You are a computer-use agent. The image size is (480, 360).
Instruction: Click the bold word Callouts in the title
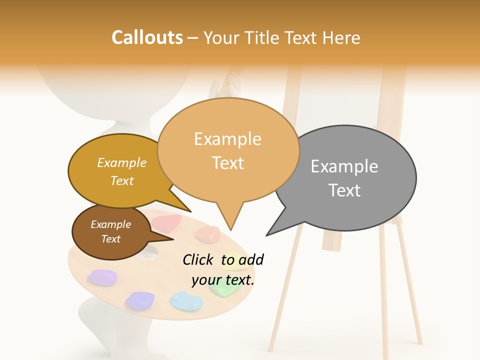(x=147, y=37)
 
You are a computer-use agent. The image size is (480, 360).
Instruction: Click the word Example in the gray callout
(x=344, y=166)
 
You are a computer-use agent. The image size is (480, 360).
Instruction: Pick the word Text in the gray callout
(x=344, y=190)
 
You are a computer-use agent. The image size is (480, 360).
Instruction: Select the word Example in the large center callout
(x=227, y=139)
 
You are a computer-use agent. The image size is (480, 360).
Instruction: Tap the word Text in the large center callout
(x=227, y=163)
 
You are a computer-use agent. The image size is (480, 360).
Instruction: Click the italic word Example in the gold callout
(x=122, y=163)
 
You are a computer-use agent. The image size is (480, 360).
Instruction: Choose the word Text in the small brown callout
(x=110, y=239)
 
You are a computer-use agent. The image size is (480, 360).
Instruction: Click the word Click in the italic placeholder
(x=199, y=259)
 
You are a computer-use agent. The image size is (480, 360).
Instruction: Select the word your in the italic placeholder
(x=205, y=280)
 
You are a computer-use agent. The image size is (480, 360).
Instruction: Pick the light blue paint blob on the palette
(x=185, y=300)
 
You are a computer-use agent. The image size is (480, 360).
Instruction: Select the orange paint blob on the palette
(x=206, y=233)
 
